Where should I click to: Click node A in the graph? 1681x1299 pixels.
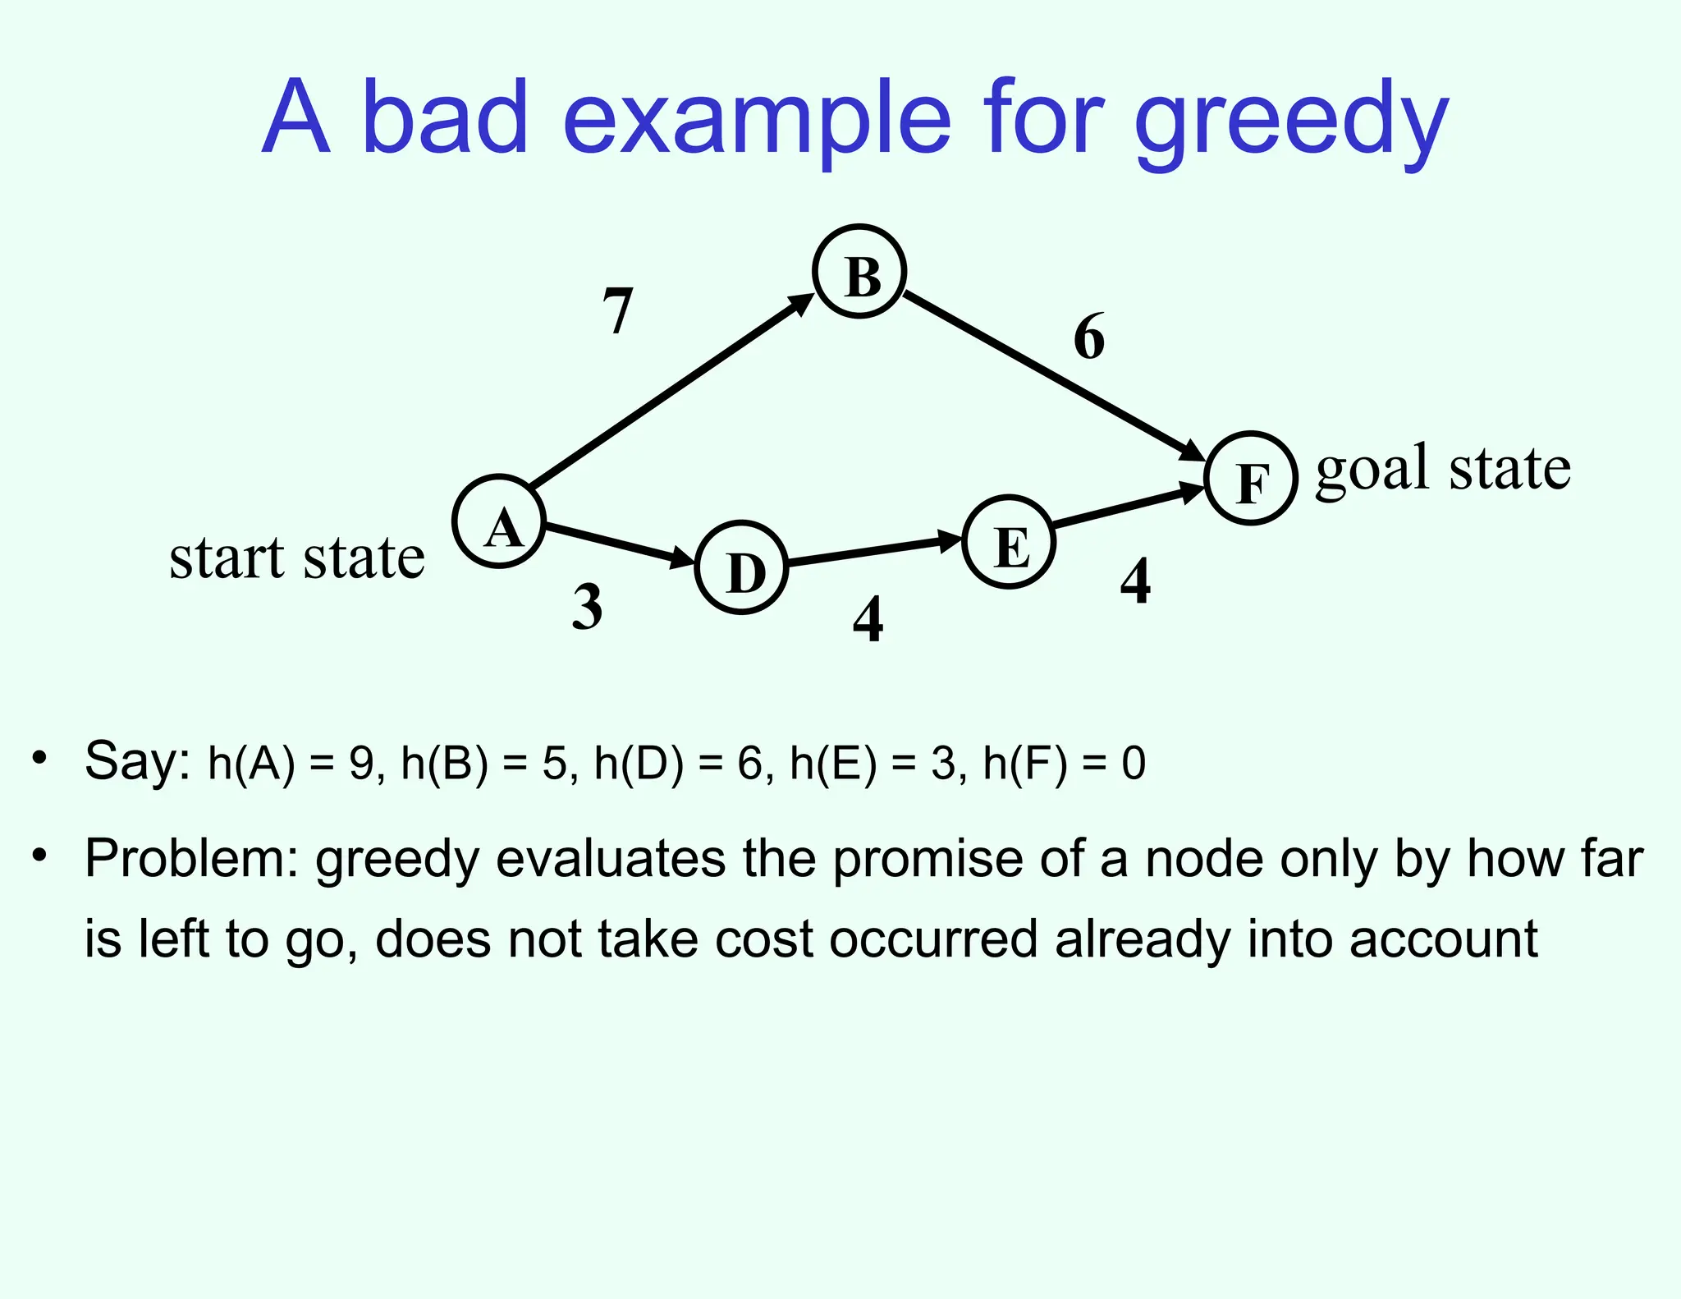[x=499, y=521]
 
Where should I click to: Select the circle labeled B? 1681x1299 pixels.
[x=859, y=272]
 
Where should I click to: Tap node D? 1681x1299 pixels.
[x=741, y=567]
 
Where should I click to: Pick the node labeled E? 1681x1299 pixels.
[x=1009, y=542]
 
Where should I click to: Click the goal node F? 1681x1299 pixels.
[x=1250, y=478]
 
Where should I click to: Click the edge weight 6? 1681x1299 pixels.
[x=1089, y=337]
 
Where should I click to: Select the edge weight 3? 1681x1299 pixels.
[x=587, y=608]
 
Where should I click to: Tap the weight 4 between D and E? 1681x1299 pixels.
[x=868, y=619]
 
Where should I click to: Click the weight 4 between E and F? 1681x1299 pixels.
[x=1135, y=581]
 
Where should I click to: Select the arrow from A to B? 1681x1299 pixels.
[x=669, y=392]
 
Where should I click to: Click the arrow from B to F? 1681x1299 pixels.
[x=1055, y=376]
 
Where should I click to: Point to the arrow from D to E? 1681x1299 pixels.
[x=874, y=551]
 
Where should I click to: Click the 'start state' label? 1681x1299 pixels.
[x=296, y=558]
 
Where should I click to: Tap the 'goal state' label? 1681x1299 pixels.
[x=1443, y=468]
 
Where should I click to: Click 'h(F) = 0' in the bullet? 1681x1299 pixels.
[x=1064, y=763]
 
